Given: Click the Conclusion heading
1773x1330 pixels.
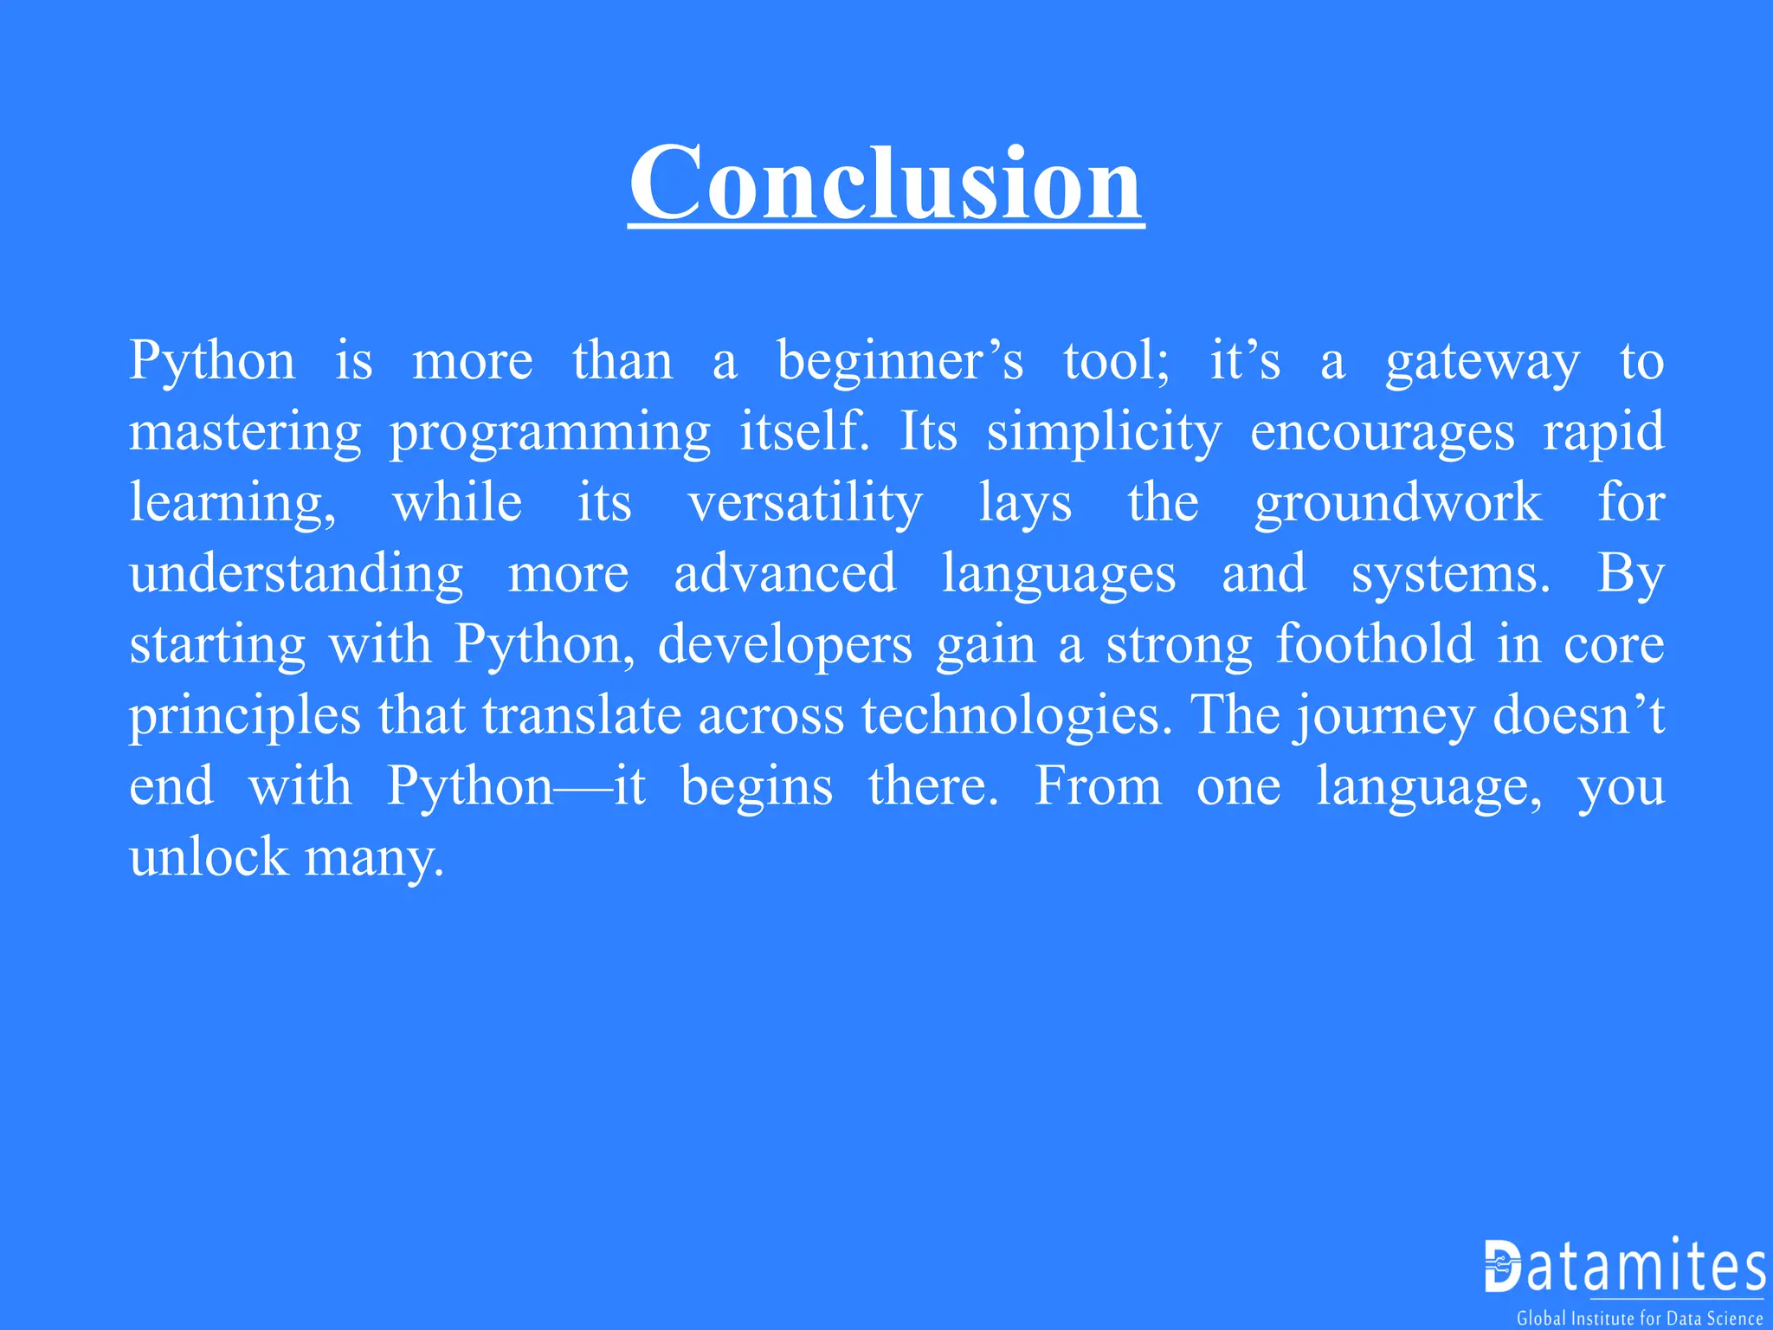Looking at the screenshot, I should tap(886, 184).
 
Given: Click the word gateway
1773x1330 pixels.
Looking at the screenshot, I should tap(1481, 362).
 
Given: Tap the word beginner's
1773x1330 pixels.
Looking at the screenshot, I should tap(899, 362).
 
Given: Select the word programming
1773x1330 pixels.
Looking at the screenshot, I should tap(550, 433).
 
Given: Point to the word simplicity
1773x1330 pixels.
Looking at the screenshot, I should tap(1104, 433).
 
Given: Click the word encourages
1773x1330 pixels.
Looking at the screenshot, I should tap(1382, 433).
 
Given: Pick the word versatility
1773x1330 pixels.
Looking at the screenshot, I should tap(805, 504).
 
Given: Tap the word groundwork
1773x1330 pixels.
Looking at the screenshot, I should tap(1397, 504).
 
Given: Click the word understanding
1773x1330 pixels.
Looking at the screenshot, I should tap(296, 575).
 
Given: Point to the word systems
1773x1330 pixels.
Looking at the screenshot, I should tap(1450, 575).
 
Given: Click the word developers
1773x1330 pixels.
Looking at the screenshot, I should tap(784, 646).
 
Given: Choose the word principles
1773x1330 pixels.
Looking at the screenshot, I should tap(244, 717).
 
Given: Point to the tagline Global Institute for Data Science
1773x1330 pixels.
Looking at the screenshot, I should tap(1639, 1318).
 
